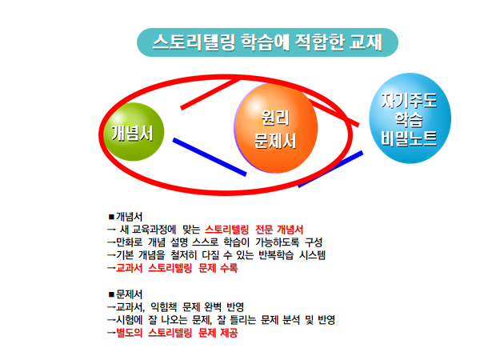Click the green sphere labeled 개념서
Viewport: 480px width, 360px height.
click(134, 132)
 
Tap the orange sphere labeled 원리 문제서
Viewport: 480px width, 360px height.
click(276, 128)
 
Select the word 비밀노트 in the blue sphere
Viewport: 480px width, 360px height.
click(409, 138)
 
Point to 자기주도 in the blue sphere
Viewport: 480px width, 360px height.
click(409, 101)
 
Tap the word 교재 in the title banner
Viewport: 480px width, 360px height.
click(366, 42)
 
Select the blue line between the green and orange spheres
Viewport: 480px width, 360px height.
click(210, 157)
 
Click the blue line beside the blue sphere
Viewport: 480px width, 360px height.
click(330, 169)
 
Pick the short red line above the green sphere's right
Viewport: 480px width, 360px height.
click(210, 94)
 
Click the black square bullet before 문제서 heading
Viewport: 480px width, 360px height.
click(111, 294)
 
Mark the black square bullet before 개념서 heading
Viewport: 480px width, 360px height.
click(111, 217)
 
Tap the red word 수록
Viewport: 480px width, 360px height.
click(229, 268)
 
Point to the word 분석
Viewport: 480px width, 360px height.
click(291, 320)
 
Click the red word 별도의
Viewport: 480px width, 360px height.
click(129, 333)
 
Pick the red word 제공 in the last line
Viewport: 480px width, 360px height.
click(229, 333)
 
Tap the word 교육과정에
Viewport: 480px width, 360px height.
click(154, 230)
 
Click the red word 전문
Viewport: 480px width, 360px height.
click(264, 230)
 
